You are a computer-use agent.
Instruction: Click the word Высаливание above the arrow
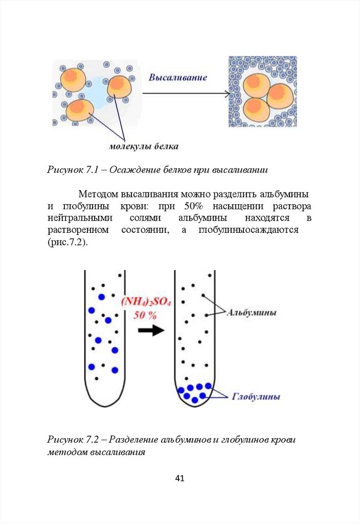tap(177, 78)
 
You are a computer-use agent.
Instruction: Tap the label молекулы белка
tap(143, 147)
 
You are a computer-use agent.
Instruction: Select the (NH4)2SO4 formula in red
tap(146, 302)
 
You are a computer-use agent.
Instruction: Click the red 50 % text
tap(145, 315)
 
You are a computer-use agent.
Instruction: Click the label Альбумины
tap(252, 312)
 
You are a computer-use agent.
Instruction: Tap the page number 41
tap(179, 478)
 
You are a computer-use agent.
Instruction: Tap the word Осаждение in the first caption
tap(134, 168)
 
